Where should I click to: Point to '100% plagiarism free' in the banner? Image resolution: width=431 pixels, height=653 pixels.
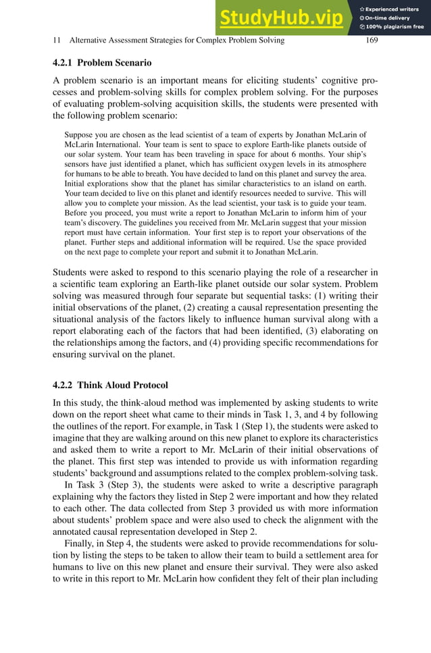(x=395, y=27)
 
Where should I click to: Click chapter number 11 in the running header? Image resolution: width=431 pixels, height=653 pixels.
(x=57, y=41)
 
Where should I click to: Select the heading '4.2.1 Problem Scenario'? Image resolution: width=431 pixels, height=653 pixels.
(x=102, y=63)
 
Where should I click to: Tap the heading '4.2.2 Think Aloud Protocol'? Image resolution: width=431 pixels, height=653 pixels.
(x=110, y=386)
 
